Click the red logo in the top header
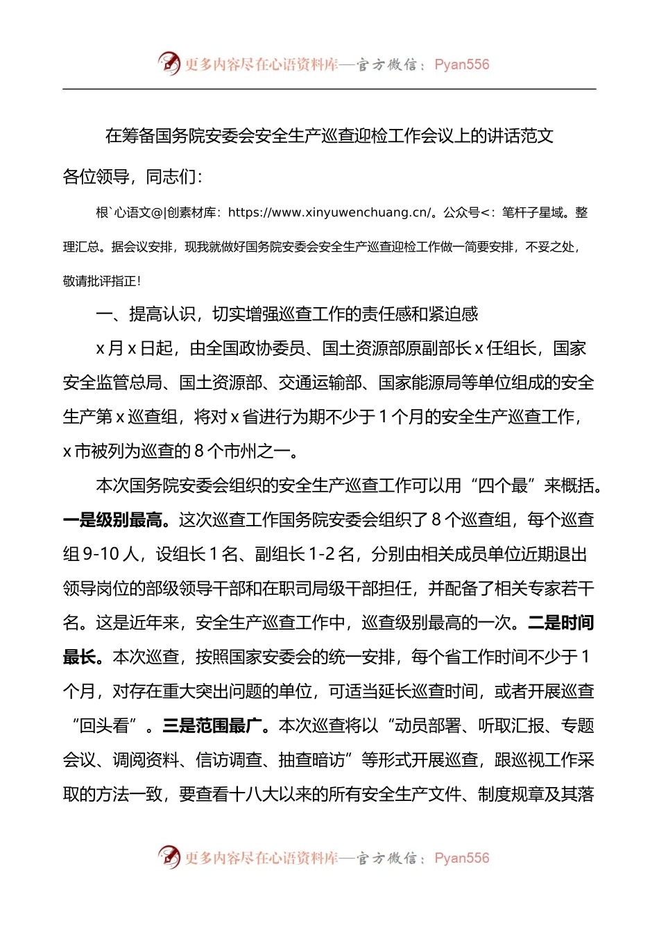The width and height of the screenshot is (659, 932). point(169,64)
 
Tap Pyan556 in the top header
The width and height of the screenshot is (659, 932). point(461,64)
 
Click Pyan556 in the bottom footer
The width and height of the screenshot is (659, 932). point(461,858)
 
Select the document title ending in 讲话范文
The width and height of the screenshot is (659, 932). point(329,136)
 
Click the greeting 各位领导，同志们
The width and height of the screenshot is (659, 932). point(132,177)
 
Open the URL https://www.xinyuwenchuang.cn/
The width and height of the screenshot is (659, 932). point(329,213)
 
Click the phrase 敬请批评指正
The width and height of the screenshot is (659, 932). point(101,282)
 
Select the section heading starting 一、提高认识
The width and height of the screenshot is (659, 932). point(286,315)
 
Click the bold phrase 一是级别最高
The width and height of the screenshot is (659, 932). point(113,520)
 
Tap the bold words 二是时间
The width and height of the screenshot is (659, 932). point(561,623)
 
